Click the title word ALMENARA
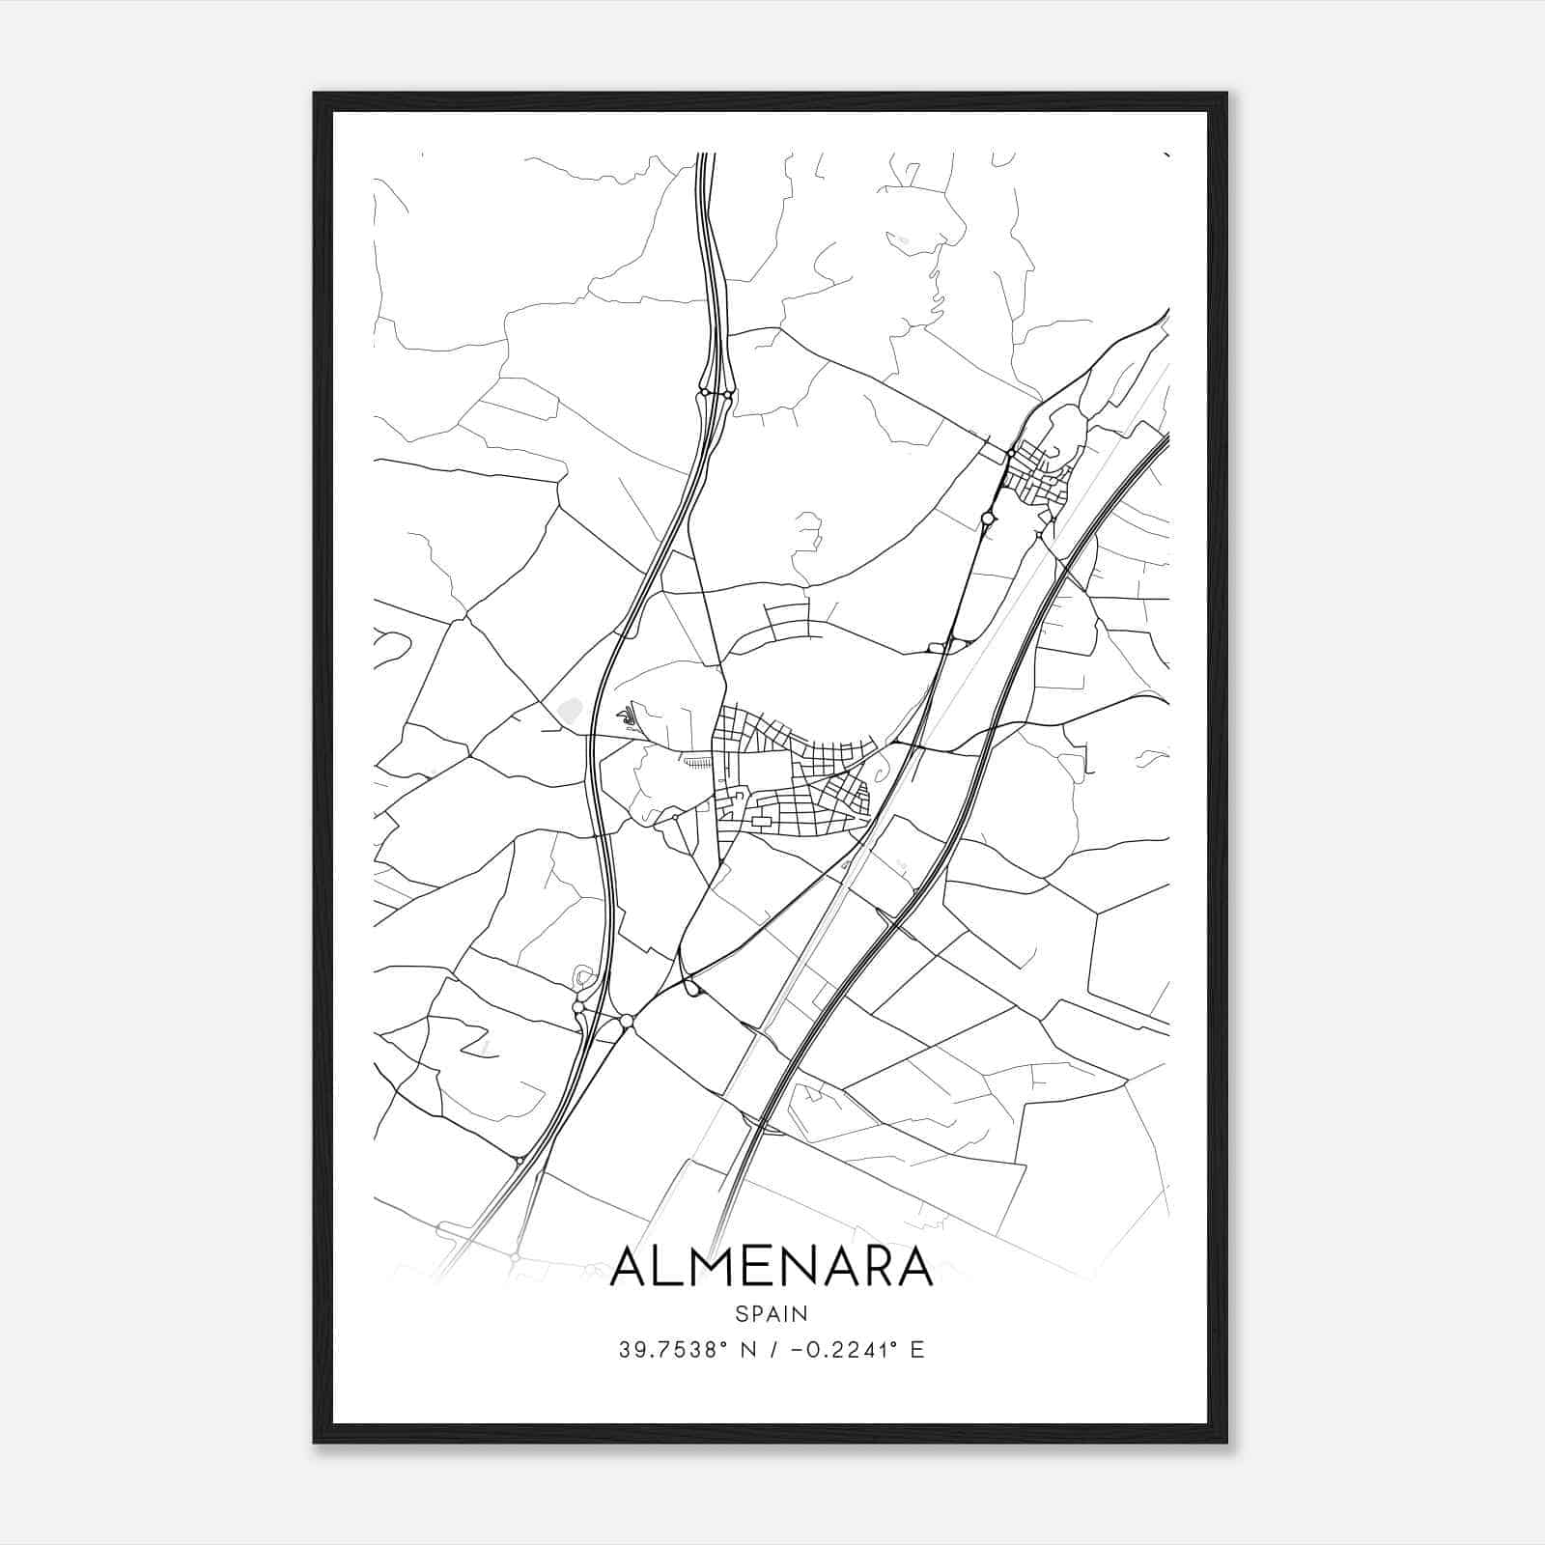772,1268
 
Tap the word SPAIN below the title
772,1313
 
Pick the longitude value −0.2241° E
857,1350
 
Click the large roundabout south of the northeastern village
988,519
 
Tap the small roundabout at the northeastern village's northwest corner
1010,452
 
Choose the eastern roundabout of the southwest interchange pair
627,1020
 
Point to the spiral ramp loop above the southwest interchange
584,977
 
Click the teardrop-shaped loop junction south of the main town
691,987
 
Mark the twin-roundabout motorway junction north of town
716,393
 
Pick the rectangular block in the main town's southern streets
763,822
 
